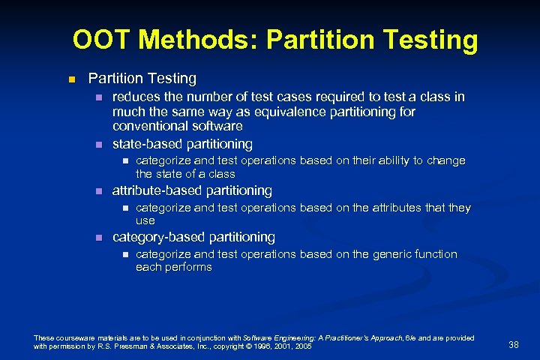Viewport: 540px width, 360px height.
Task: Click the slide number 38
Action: coord(514,344)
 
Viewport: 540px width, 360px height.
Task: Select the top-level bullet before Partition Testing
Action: coord(72,79)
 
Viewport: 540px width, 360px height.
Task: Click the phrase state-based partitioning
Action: coord(182,143)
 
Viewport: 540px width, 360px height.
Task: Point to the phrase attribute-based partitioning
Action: coord(192,190)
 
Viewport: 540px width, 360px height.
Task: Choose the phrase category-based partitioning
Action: coord(193,237)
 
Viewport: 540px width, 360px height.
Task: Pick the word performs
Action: coord(188,267)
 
